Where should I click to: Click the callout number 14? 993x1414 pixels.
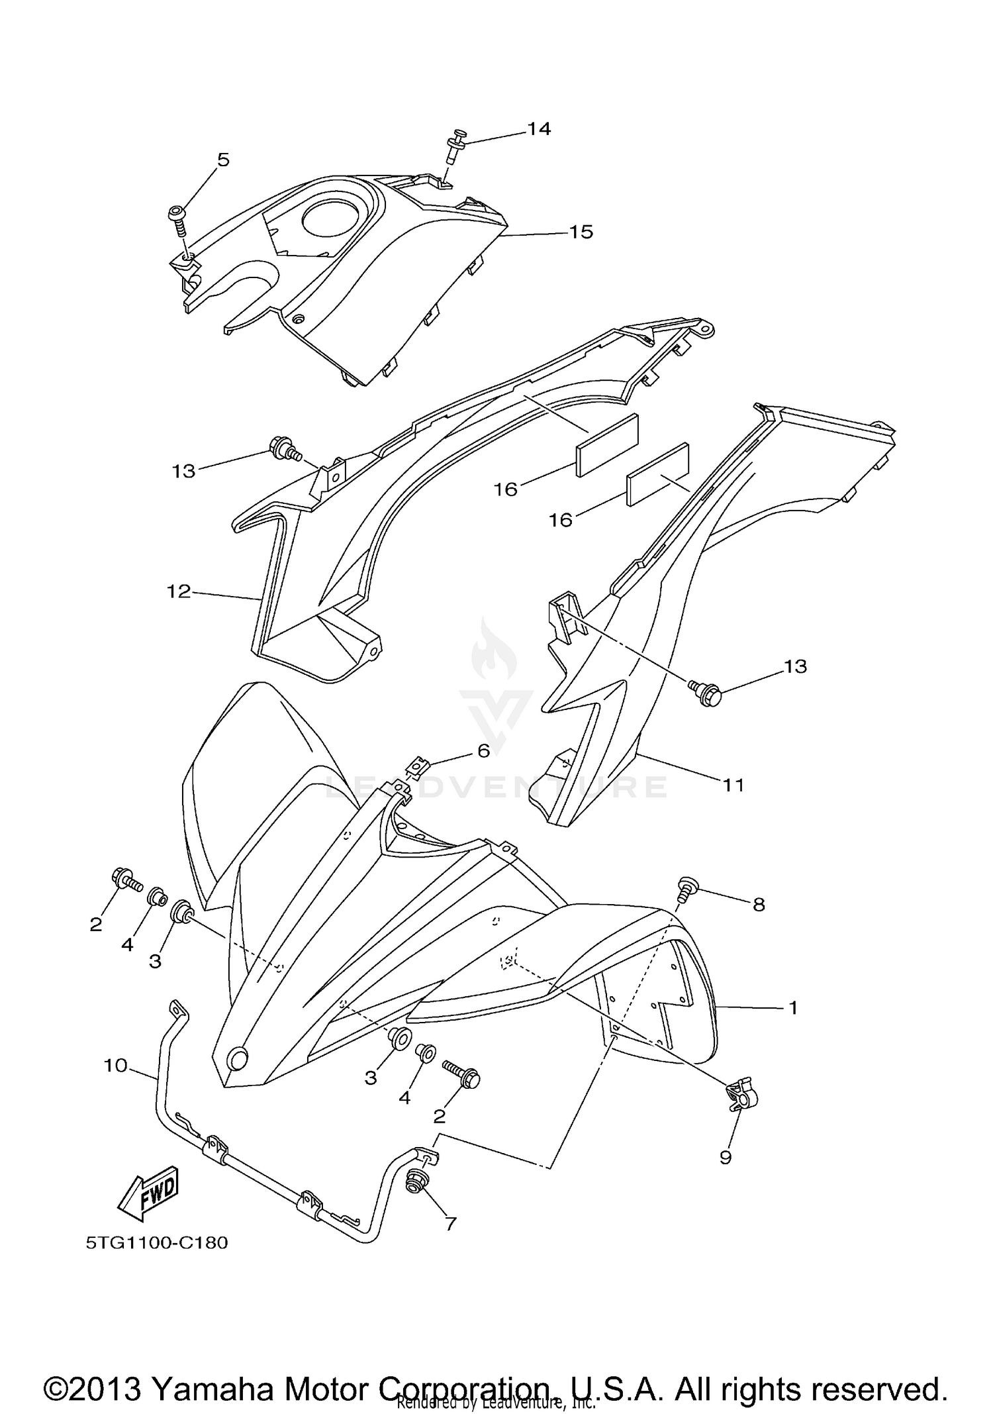point(539,129)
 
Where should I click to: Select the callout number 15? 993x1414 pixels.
point(581,232)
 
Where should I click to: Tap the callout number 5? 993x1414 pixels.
point(223,160)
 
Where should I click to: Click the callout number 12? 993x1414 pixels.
point(179,591)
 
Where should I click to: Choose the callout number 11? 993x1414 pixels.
point(733,785)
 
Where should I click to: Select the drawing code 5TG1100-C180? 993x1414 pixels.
point(157,1242)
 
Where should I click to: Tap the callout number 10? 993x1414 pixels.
point(115,1066)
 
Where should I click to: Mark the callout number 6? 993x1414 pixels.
point(484,750)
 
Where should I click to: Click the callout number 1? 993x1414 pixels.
point(793,1008)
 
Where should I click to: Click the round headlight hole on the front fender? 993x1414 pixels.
point(236,1060)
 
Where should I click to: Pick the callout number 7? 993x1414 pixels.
point(451,1224)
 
